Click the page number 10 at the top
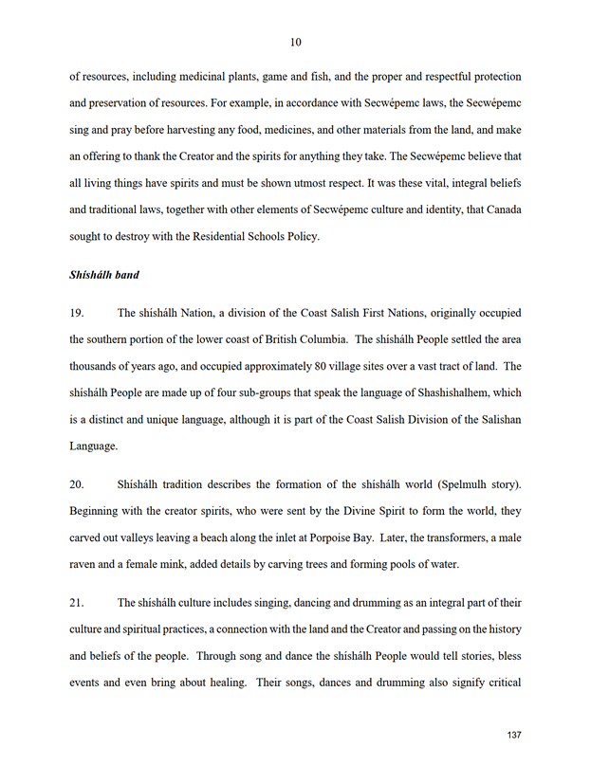pyautogui.click(x=295, y=42)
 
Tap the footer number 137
pyautogui.click(x=515, y=735)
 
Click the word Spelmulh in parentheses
pyautogui.click(x=434, y=485)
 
